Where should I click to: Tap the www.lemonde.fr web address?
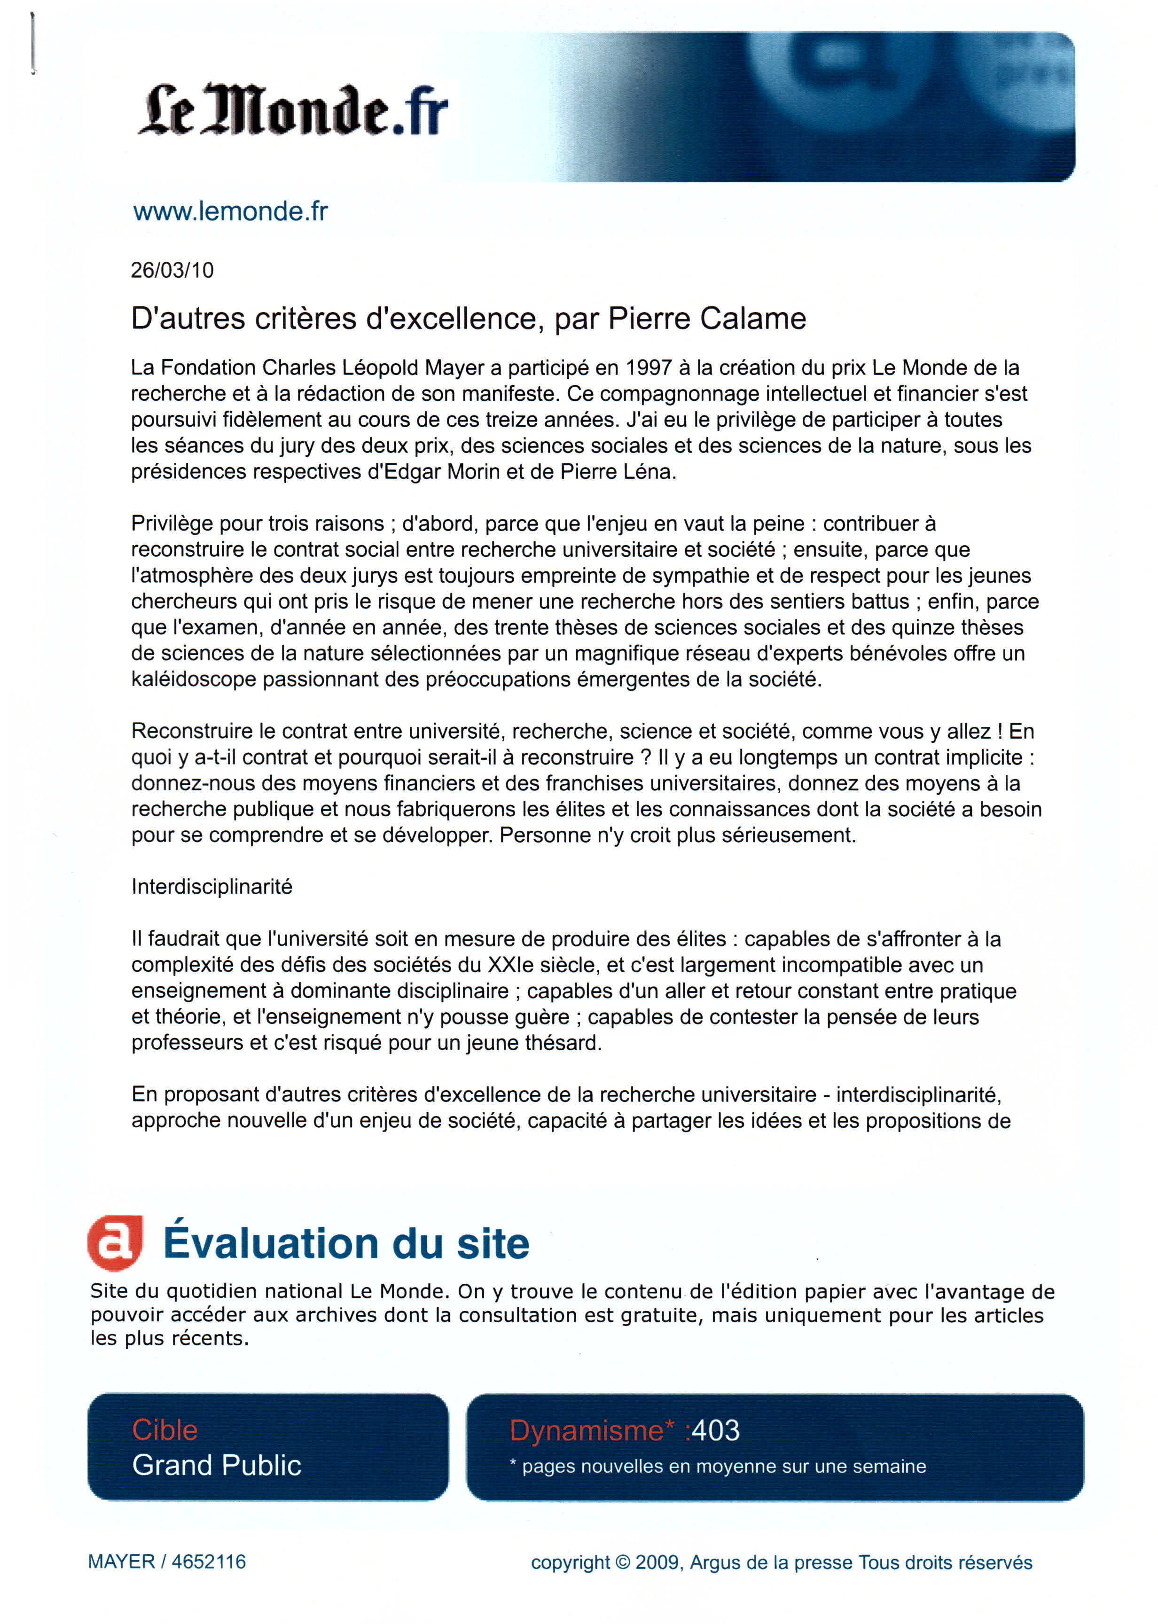[230, 212]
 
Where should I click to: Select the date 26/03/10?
[172, 270]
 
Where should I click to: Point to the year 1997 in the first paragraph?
[648, 368]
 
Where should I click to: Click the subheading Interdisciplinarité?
[212, 887]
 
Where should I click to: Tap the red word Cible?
[164, 1430]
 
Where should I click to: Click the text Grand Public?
[217, 1466]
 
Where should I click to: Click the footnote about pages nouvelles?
[718, 1467]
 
